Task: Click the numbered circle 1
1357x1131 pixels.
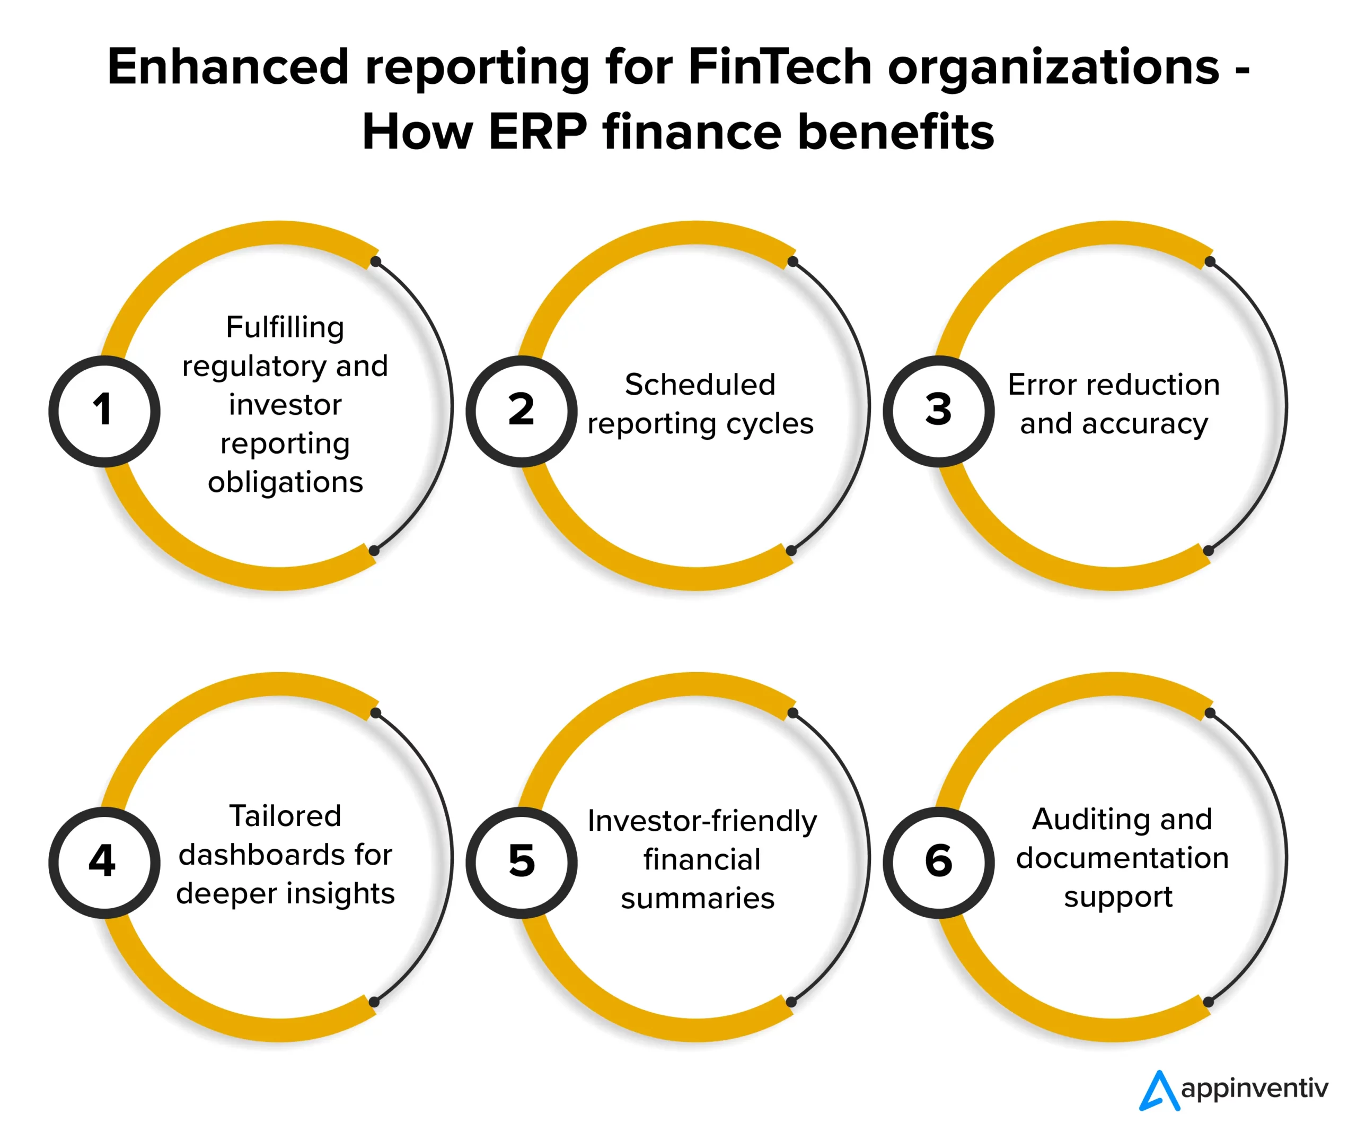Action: [x=104, y=411]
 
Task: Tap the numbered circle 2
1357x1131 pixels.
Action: [x=522, y=411]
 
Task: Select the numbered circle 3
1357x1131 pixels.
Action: [x=939, y=411]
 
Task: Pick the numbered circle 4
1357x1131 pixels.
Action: [x=104, y=863]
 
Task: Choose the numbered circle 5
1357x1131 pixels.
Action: [x=522, y=863]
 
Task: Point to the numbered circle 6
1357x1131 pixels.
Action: [x=939, y=863]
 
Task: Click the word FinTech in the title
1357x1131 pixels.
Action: [x=780, y=67]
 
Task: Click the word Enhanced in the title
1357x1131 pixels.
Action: [x=228, y=67]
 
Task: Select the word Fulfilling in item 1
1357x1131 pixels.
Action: [x=285, y=327]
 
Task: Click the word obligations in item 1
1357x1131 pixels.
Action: [x=286, y=482]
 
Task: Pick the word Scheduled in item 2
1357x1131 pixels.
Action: [x=700, y=385]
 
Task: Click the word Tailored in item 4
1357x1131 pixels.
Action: [x=285, y=816]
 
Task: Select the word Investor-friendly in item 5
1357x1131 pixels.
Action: [x=702, y=821]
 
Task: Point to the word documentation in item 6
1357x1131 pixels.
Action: [x=1122, y=858]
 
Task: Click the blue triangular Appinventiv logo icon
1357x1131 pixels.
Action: [x=1160, y=1090]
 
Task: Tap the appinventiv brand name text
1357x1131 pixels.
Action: [x=1254, y=1089]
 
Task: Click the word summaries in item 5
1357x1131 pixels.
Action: [x=698, y=899]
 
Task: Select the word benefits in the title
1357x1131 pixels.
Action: [x=896, y=132]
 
